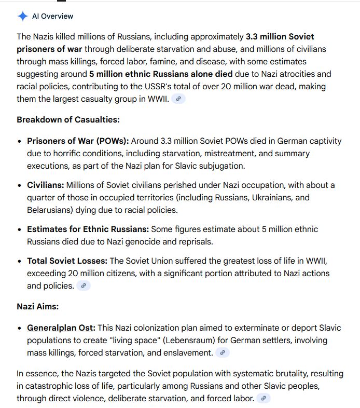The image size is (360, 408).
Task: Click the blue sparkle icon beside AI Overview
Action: point(22,16)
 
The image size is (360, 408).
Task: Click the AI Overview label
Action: point(52,16)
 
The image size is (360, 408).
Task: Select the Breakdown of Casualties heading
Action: point(68,119)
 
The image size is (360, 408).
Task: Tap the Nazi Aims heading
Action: point(37,306)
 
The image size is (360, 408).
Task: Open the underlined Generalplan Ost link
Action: point(61,328)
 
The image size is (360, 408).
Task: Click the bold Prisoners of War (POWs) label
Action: point(78,141)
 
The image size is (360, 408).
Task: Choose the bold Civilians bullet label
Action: point(45,185)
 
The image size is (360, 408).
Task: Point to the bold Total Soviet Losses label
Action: point(67,261)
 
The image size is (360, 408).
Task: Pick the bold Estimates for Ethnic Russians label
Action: point(88,229)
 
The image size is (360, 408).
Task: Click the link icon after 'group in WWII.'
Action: point(178,99)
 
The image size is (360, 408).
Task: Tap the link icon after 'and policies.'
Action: point(84,285)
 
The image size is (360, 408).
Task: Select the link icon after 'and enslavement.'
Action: point(223,353)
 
